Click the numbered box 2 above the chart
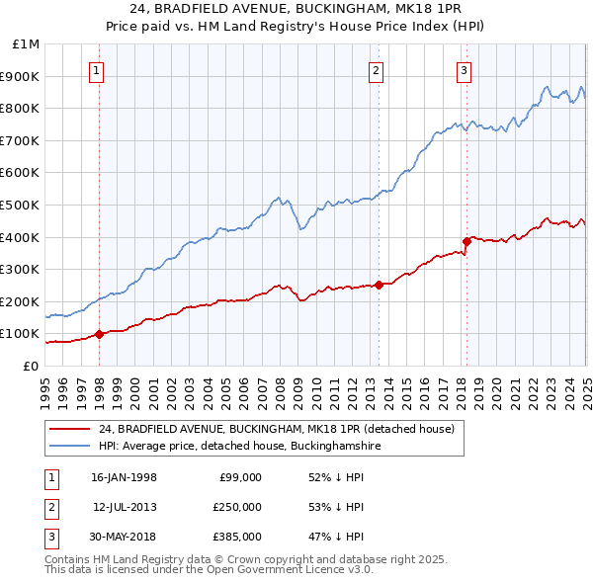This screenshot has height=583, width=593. click(x=378, y=69)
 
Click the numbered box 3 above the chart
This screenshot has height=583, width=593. click(x=465, y=69)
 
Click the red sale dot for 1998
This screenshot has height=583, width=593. click(x=99, y=334)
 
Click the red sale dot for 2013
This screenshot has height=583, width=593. click(x=380, y=286)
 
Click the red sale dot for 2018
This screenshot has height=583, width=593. click(x=466, y=241)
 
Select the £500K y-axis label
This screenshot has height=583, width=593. click(x=21, y=206)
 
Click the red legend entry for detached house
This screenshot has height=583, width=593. click(x=276, y=429)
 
